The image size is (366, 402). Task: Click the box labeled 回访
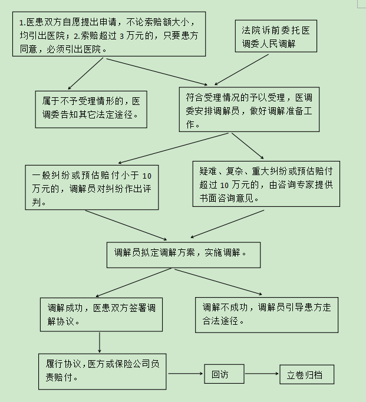coord(224,374)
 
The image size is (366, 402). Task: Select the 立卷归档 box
coord(307,374)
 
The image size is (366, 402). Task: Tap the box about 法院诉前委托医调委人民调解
coord(276,36)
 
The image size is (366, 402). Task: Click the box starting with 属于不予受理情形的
coord(91,109)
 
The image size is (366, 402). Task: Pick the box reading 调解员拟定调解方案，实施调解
coord(183,255)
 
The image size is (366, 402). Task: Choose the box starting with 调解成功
coord(101,315)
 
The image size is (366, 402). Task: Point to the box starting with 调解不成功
coord(266,315)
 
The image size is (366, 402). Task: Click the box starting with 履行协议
coord(103,371)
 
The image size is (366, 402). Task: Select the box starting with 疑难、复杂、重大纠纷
coord(266,184)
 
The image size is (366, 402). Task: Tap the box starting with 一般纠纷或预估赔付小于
coord(92,187)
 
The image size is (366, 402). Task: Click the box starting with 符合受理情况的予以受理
coord(249,110)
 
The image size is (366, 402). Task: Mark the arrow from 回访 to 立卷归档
coord(262,374)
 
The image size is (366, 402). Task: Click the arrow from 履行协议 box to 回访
coord(186,374)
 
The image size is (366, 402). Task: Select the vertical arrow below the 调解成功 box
coord(100,342)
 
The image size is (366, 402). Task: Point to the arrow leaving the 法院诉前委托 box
coord(242,70)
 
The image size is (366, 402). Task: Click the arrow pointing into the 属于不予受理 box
coord(85,73)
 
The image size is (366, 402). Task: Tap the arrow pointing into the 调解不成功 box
coord(219,282)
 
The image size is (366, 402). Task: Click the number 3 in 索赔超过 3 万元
coord(122,36)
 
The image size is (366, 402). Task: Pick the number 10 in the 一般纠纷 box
coord(147,176)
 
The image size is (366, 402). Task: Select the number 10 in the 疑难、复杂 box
coord(225,185)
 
